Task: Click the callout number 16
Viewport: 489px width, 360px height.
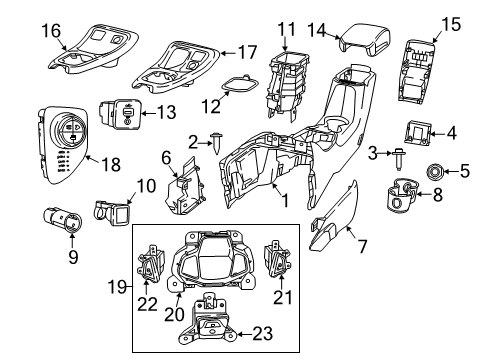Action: [x=24, y=32]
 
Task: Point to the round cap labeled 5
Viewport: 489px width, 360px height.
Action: [x=437, y=170]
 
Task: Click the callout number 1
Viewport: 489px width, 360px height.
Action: [x=285, y=201]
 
